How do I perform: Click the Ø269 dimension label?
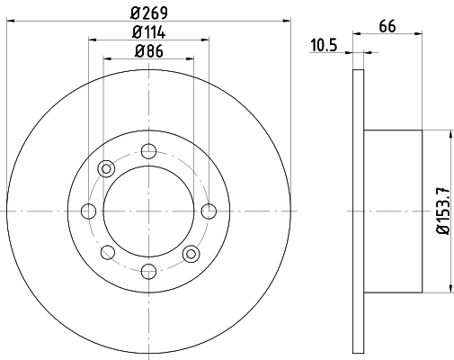pyautogui.click(x=149, y=13)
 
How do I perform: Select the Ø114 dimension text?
pyautogui.click(x=148, y=32)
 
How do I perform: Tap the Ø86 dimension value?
pyautogui.click(x=149, y=51)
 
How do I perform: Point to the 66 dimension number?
pyautogui.click(x=387, y=26)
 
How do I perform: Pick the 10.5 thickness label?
pyautogui.click(x=324, y=46)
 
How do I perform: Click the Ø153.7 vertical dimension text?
pyautogui.click(x=443, y=211)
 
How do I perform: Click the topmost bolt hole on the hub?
pyautogui.click(x=148, y=151)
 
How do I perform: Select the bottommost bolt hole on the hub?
pyautogui.click(x=148, y=272)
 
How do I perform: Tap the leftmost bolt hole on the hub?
pyautogui.click(x=88, y=211)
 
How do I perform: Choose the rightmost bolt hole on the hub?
pyautogui.click(x=209, y=211)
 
